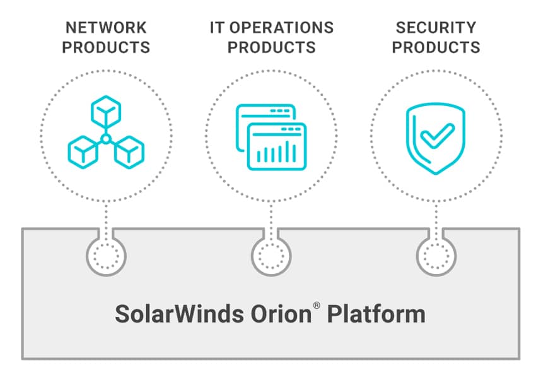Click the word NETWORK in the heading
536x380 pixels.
click(106, 28)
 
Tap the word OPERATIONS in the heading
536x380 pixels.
click(281, 28)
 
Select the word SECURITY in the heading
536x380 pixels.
click(436, 28)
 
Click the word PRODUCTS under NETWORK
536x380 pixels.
click(106, 47)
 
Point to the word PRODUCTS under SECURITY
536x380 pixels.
click(436, 47)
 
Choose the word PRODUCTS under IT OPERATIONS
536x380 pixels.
click(271, 47)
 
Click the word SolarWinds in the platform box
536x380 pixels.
click(179, 314)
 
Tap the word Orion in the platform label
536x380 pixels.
click(281, 314)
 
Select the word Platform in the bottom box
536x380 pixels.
click(376, 314)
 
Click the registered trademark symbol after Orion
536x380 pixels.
click(317, 305)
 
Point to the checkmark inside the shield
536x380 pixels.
click(437, 136)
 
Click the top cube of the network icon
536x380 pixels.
click(106, 112)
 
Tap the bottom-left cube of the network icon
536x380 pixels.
click(83, 152)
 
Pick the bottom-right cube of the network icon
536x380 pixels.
click(129, 152)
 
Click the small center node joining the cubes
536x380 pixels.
click(106, 139)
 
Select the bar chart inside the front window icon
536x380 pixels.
click(276, 152)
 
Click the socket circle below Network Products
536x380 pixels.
click(106, 256)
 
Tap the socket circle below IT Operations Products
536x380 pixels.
click(271, 256)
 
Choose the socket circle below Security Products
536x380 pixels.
click(436, 256)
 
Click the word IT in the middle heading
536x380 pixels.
click(217, 28)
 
